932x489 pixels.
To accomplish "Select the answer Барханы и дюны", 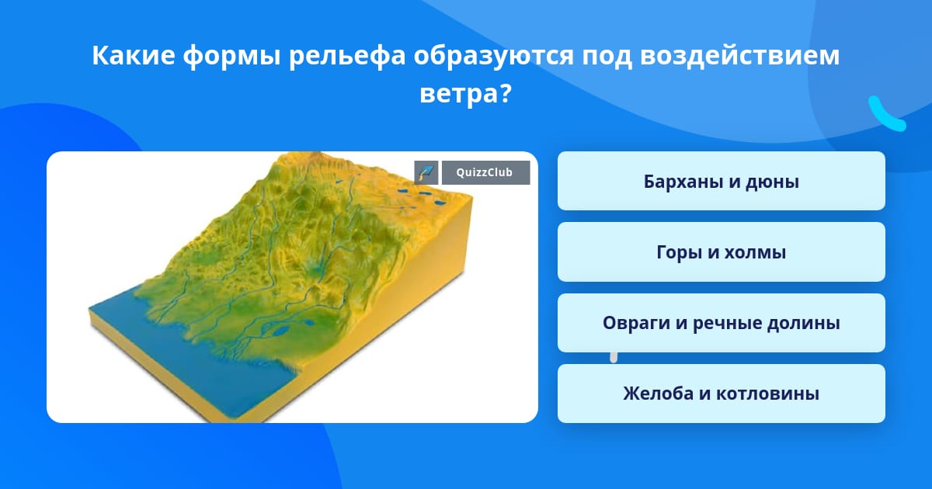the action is [x=721, y=181].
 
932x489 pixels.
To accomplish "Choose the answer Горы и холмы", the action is [x=721, y=252].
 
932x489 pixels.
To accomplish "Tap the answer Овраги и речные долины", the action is [x=721, y=323].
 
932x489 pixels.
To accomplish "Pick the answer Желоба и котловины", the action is [x=721, y=394].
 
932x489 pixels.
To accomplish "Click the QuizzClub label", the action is [x=485, y=172].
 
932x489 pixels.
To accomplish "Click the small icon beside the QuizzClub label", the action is [x=426, y=172].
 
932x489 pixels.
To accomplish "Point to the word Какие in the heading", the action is [x=133, y=55].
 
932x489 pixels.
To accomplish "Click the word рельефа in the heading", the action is [x=347, y=56].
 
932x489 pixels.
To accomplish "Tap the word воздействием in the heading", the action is [x=739, y=55].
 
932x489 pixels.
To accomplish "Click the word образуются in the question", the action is [x=493, y=56].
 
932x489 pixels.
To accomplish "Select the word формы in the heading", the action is [x=231, y=56].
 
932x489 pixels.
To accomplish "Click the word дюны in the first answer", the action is [x=772, y=182].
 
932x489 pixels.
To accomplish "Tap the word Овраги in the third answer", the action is [x=636, y=324].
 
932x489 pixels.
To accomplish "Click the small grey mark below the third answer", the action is [x=614, y=358].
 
